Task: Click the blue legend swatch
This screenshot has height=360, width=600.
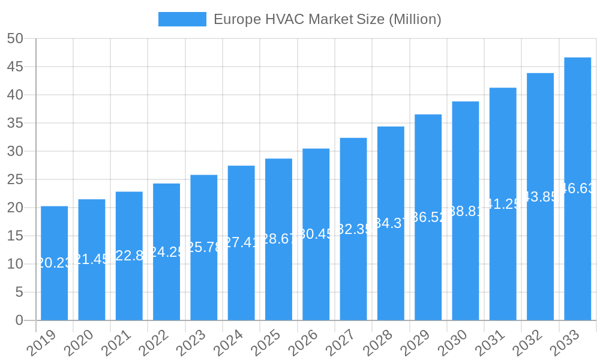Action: pos(182,19)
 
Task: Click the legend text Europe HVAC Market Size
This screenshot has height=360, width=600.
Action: pos(327,19)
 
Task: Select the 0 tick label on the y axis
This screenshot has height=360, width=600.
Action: pos(19,320)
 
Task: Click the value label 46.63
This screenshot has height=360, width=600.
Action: pos(577,188)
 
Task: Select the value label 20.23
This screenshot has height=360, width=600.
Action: pos(54,263)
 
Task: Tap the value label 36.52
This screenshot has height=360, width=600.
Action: pos(428,217)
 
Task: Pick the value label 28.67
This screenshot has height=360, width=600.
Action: pos(278,239)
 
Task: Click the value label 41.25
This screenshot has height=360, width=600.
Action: pos(503,204)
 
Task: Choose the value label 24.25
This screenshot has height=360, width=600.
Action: pos(166,252)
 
